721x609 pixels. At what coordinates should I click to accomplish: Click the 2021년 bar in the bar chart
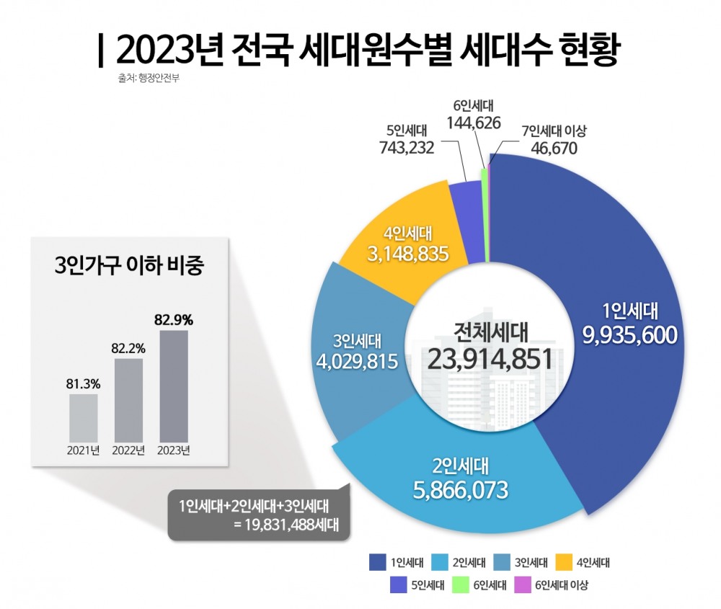(x=83, y=417)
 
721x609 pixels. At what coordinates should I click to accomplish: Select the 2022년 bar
(x=128, y=400)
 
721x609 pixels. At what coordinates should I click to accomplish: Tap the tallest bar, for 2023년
(x=173, y=386)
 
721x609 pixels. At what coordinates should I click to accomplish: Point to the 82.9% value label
(x=173, y=318)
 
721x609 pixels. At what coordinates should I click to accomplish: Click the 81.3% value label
(x=83, y=383)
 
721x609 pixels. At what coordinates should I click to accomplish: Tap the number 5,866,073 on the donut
(x=461, y=489)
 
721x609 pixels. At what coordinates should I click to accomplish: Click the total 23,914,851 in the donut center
(x=490, y=358)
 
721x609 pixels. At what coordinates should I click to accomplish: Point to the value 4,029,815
(x=357, y=360)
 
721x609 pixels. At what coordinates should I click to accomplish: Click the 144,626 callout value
(x=474, y=123)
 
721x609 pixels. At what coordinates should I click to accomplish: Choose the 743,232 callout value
(x=407, y=148)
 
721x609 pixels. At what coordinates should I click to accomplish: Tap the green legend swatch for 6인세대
(x=460, y=585)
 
